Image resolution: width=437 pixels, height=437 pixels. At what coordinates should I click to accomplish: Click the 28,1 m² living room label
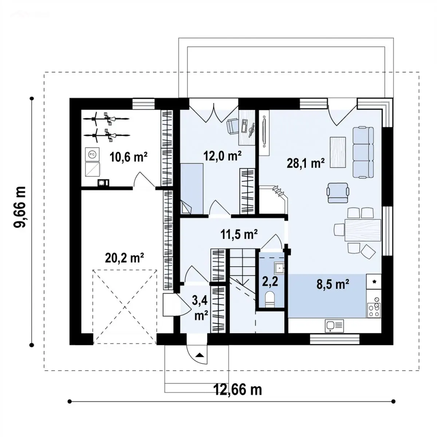point(306,164)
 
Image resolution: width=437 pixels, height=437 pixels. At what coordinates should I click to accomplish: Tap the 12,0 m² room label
point(223,156)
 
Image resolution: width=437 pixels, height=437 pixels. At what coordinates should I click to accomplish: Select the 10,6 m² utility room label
point(129,157)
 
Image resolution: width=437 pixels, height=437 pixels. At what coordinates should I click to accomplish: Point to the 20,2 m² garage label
point(125,257)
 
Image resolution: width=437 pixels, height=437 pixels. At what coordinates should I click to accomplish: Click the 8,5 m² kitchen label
point(333,284)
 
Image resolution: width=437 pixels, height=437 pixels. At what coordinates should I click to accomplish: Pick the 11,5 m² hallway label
point(239,234)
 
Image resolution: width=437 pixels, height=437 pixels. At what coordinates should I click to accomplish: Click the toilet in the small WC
point(269,299)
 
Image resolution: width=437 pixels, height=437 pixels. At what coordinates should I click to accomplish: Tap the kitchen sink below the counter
point(334,326)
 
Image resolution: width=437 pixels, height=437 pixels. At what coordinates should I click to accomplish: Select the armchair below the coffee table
point(338,193)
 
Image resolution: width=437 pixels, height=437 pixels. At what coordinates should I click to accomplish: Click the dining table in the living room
point(363,230)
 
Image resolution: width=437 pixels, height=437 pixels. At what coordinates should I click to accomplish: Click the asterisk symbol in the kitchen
point(374,282)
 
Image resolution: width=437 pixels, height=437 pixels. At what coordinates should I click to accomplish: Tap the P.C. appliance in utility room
point(92,154)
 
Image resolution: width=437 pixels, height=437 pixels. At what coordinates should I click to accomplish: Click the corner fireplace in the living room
point(274,200)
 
